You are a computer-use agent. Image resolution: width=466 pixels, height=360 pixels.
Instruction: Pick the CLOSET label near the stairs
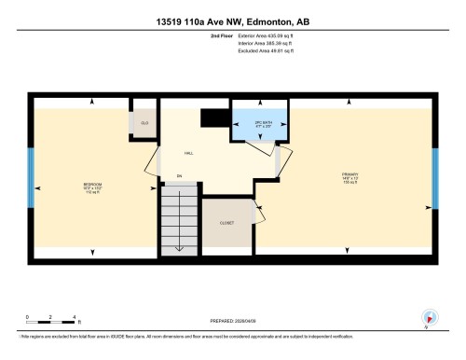226,224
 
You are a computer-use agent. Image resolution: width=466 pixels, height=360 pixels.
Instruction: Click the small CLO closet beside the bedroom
144,123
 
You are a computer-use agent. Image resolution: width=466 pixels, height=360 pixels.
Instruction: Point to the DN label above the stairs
178,176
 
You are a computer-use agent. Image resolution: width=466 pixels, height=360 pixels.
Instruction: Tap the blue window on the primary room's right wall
434,176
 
